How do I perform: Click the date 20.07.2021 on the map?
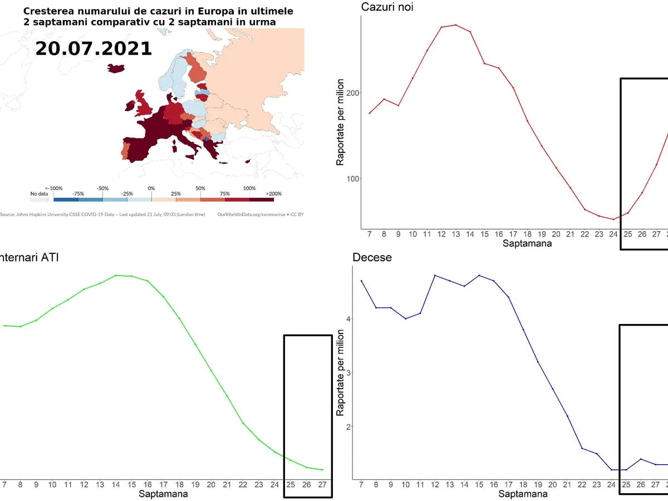coord(94,48)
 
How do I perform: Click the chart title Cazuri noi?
coord(387,7)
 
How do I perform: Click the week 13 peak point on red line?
coord(455,25)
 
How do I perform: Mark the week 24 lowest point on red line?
coord(613,219)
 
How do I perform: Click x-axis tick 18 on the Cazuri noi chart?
coord(527,234)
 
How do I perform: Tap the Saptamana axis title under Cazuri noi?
coord(527,244)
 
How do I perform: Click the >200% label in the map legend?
coord(274,194)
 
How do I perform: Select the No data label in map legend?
coord(39,194)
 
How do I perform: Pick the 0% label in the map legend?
coord(151,188)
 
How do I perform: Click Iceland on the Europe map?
coord(116,67)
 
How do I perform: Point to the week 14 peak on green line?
coord(116,275)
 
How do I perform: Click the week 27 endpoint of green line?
coord(322,470)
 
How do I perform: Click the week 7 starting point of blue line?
coord(361,281)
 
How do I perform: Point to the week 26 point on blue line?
coord(641,459)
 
